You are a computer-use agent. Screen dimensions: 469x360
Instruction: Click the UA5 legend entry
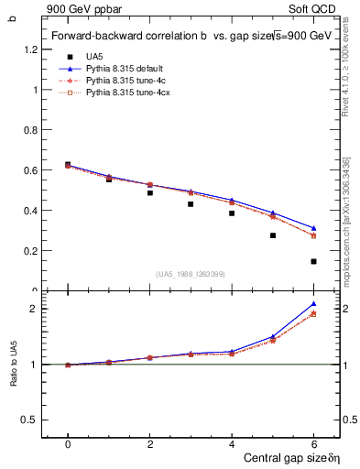[x=94, y=56]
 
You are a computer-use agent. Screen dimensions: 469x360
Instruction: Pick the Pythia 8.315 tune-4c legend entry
[x=125, y=82]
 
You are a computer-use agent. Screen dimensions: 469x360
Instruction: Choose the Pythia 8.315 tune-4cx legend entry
[x=127, y=94]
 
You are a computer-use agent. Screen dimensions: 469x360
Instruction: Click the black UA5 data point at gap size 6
[x=313, y=261]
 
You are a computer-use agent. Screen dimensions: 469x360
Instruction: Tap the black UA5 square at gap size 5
[x=272, y=235]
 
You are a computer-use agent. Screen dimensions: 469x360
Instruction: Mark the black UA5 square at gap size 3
[x=191, y=203]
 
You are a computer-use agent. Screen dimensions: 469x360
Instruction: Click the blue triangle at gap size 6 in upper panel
[x=313, y=228]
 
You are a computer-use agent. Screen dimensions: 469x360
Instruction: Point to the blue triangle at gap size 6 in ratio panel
[x=313, y=303]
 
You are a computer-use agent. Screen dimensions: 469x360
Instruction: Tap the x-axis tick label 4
[x=232, y=444]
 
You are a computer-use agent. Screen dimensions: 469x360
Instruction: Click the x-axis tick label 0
[x=68, y=444]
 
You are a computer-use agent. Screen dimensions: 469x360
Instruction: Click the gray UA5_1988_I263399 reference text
[x=191, y=274]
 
